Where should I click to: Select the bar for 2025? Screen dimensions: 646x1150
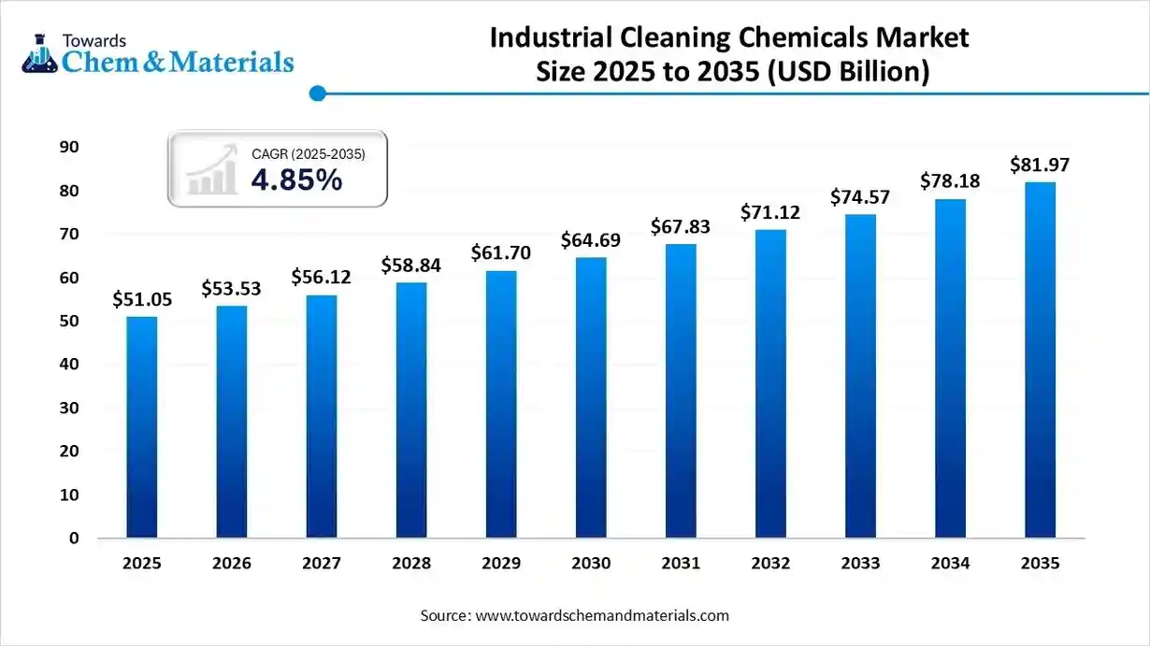click(x=142, y=427)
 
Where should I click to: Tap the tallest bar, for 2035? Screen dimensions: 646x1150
click(x=1040, y=360)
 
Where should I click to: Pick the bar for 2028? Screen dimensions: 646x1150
click(x=411, y=410)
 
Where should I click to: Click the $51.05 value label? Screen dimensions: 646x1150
click(x=142, y=299)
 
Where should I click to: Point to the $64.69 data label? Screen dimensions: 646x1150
click(x=591, y=240)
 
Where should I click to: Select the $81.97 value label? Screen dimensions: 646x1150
click(x=1040, y=165)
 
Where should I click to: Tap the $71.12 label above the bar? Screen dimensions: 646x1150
click(x=770, y=212)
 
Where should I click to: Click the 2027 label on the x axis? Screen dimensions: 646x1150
click(x=322, y=564)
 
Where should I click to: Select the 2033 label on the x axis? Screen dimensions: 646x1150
click(x=860, y=564)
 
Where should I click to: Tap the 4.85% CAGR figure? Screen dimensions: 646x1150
click(x=296, y=180)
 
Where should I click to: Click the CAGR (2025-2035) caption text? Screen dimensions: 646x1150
click(x=308, y=154)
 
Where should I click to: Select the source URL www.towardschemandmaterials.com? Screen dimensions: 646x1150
click(x=602, y=616)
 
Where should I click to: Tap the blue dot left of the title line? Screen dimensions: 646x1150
click(x=318, y=93)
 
